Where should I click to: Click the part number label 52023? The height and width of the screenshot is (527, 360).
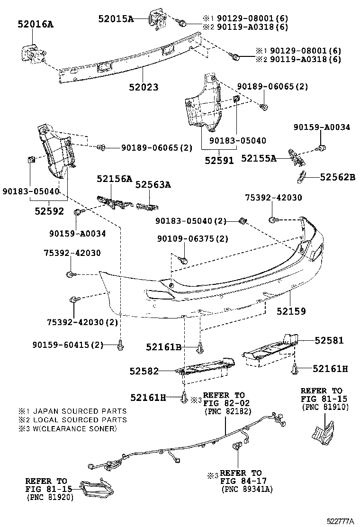(143, 87)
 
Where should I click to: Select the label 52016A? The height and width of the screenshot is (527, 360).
(36, 23)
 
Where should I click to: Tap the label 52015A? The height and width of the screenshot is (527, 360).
(116, 18)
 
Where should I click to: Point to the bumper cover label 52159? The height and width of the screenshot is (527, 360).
(291, 311)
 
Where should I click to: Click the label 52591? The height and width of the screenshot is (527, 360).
(219, 160)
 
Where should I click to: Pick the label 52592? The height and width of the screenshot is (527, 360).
(49, 211)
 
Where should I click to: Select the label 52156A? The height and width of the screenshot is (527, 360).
(114, 179)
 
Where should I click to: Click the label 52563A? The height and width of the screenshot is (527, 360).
(153, 185)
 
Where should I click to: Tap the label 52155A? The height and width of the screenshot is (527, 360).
(259, 158)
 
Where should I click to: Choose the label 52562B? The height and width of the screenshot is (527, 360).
(337, 177)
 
